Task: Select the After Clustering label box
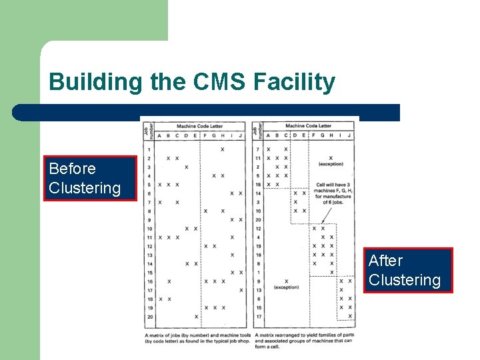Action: pyautogui.click(x=409, y=270)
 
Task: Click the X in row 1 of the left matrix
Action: pyautogui.click(x=223, y=149)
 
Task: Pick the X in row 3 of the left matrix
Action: pyautogui.click(x=186, y=167)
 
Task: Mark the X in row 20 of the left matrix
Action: pyautogui.click(x=196, y=317)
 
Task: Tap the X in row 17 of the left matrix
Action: pyautogui.click(x=241, y=290)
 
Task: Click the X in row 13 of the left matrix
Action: pyautogui.click(x=232, y=255)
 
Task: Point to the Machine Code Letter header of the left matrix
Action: pyautogui.click(x=199, y=125)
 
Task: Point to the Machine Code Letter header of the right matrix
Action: pyautogui.click(x=308, y=125)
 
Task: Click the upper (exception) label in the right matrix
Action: pyautogui.click(x=331, y=163)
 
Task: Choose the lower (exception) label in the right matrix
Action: pyautogui.click(x=286, y=287)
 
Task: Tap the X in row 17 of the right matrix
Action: pyautogui.click(x=341, y=316)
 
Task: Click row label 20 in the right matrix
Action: pyautogui.click(x=257, y=219)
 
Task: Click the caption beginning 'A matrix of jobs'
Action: pyautogui.click(x=198, y=337)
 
